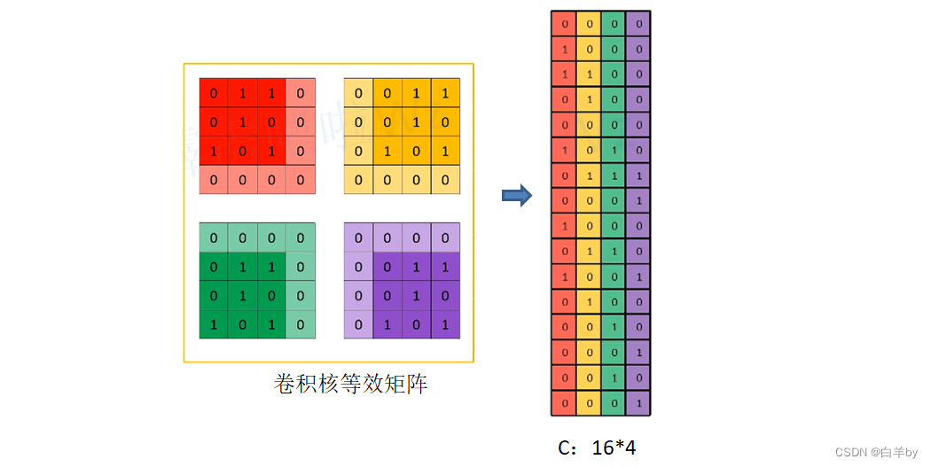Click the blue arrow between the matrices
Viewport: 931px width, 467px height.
point(517,195)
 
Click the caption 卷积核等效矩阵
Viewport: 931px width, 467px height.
point(351,385)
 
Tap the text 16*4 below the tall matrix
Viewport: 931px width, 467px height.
point(614,448)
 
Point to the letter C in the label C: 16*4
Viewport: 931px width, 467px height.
point(565,448)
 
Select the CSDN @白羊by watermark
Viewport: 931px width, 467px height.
point(876,452)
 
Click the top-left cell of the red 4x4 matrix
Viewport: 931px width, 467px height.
point(214,93)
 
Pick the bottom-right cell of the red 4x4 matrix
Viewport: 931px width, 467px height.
point(301,180)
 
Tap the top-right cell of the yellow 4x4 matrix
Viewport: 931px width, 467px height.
point(445,93)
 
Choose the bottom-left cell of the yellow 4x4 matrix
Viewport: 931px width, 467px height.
point(358,180)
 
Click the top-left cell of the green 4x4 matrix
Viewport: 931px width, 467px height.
point(214,237)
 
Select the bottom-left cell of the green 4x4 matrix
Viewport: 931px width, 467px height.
point(214,324)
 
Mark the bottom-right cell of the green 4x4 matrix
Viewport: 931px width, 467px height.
point(301,324)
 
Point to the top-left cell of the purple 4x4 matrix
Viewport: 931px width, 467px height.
point(358,237)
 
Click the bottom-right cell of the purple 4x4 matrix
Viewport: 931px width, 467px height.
point(445,324)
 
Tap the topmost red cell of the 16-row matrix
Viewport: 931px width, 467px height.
point(564,24)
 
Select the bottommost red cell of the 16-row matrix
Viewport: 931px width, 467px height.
point(564,404)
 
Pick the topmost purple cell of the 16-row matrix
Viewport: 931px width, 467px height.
point(638,24)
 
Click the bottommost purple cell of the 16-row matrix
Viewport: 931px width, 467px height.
point(638,404)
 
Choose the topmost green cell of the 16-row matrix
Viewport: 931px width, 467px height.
point(614,24)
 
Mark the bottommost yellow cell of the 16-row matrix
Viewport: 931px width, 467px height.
point(589,404)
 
